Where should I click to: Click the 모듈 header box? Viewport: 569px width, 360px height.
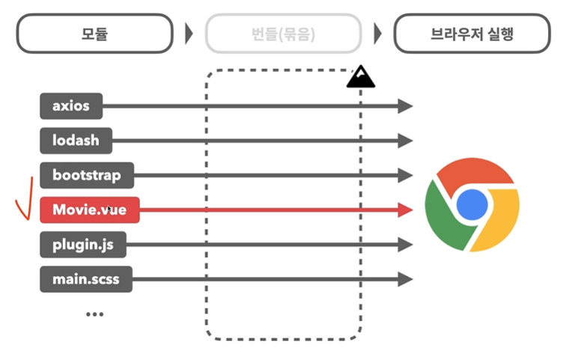click(x=95, y=34)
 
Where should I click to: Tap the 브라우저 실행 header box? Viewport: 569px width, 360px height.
click(x=472, y=34)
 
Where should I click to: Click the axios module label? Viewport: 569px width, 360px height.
click(x=70, y=106)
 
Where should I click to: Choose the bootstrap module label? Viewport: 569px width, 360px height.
click(x=87, y=176)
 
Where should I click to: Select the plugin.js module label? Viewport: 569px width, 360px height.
click(x=82, y=245)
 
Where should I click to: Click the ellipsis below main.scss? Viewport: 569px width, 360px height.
click(x=94, y=314)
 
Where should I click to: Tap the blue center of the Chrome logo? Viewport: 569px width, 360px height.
click(x=472, y=204)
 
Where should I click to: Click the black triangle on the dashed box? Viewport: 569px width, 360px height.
click(x=361, y=76)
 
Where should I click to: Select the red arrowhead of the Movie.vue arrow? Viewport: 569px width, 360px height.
click(x=405, y=210)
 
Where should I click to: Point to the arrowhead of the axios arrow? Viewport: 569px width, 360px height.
click(x=405, y=106)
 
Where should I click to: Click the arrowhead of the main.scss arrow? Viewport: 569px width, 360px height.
click(x=405, y=280)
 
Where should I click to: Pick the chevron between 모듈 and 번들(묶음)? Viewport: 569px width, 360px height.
click(x=189, y=34)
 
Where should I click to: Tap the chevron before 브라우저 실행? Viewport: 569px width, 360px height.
click(x=377, y=34)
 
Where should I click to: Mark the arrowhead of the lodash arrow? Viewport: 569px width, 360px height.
click(x=405, y=141)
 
